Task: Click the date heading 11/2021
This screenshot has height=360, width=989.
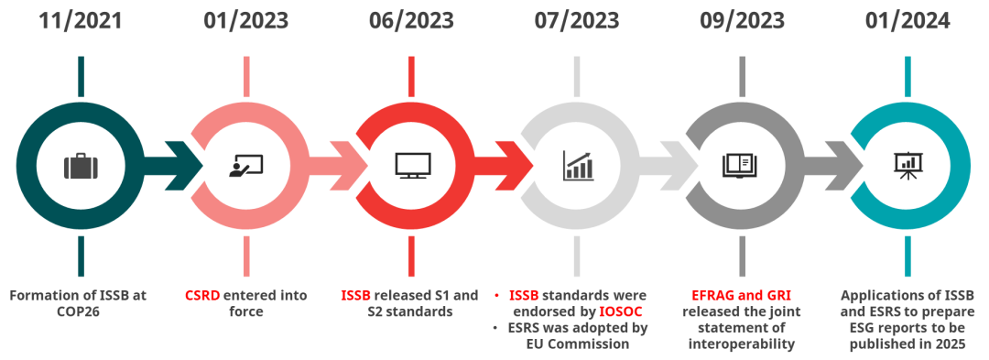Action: [80, 21]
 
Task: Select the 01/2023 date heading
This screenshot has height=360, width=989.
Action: [245, 21]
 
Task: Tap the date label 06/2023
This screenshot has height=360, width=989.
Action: [411, 21]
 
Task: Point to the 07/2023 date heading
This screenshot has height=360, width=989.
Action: [577, 21]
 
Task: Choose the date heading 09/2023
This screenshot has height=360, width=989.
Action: [742, 21]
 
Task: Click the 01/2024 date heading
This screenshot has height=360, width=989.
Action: [907, 21]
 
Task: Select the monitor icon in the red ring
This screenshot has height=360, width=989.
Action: [412, 165]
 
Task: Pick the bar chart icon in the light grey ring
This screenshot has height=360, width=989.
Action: [578, 165]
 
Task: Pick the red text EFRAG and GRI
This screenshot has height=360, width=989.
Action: [742, 295]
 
